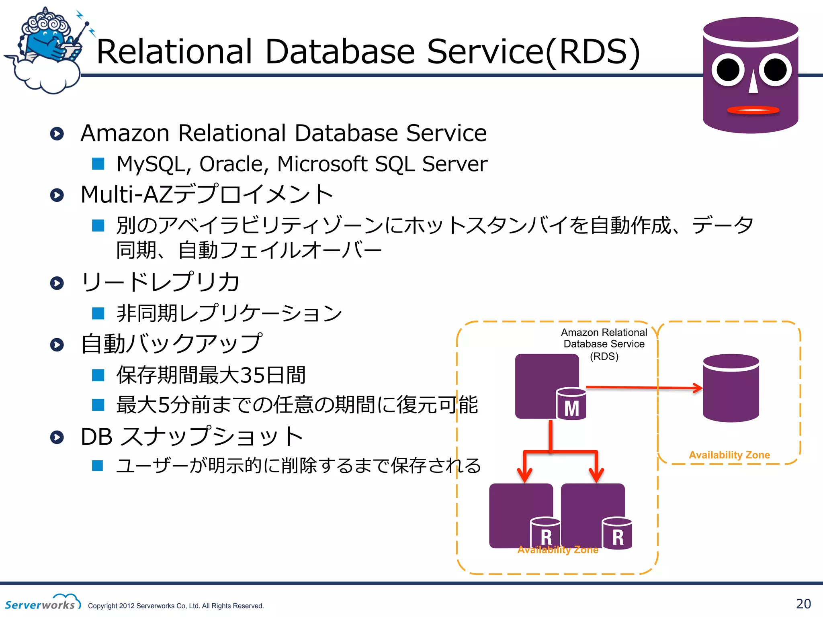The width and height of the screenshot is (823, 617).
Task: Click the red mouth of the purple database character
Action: [x=753, y=110]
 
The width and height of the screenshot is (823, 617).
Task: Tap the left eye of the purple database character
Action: [x=728, y=70]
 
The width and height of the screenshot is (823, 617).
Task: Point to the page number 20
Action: [x=803, y=604]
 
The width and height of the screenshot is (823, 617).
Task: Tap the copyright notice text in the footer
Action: [x=176, y=606]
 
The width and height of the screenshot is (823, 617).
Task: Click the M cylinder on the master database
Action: [x=571, y=405]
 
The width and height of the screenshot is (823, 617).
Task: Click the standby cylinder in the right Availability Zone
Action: [x=731, y=388]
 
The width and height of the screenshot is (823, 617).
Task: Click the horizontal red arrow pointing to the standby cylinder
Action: [x=643, y=388]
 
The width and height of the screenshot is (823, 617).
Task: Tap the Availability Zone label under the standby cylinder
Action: [x=729, y=455]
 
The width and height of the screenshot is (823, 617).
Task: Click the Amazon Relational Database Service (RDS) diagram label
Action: [x=604, y=344]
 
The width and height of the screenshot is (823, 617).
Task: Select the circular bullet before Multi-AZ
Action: [x=57, y=195]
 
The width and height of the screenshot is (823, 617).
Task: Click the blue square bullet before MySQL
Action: [x=98, y=164]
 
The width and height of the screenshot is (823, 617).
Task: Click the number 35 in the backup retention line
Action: [x=252, y=375]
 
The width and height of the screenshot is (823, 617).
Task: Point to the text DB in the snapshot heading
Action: [x=96, y=437]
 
